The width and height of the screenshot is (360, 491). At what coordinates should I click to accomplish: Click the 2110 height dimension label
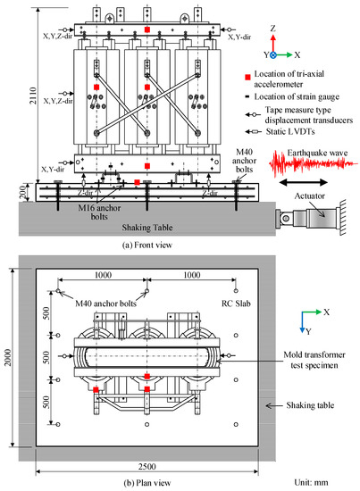pos(9,104)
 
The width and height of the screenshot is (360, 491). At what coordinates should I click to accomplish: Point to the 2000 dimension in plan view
pos(9,358)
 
